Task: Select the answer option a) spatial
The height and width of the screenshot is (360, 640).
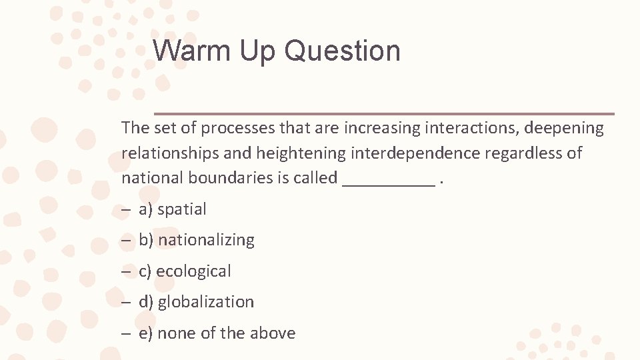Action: (x=173, y=209)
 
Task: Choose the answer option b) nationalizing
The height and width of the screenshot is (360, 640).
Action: (x=197, y=240)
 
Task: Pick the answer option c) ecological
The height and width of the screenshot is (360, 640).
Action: (x=185, y=271)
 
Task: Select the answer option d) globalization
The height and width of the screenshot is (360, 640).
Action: (x=196, y=302)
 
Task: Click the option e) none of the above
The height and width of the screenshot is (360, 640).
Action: (x=217, y=333)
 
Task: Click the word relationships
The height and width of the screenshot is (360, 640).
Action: (x=170, y=153)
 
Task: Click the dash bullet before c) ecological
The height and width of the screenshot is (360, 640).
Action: (x=126, y=271)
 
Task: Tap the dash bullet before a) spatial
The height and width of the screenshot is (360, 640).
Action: (x=126, y=209)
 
